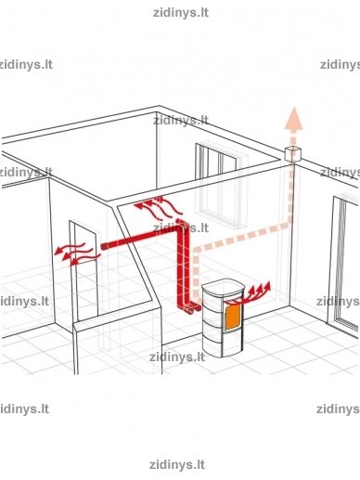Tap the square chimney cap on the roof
292,154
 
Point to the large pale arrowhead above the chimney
294,118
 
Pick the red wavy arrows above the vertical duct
158,206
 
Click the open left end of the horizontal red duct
104,247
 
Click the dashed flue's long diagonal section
241,237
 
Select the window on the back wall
221,185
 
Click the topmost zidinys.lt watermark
181,13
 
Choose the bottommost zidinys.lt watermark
177,464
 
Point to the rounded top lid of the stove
223,287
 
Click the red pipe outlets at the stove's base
192,309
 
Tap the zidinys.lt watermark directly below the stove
177,357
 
